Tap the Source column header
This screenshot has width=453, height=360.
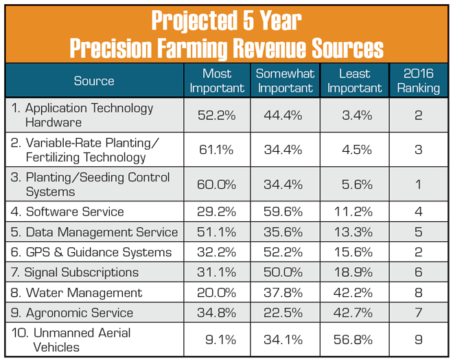(x=94, y=80)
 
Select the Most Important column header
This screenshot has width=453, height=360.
(x=217, y=80)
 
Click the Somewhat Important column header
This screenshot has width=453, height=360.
(x=285, y=80)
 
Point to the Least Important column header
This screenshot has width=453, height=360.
(x=354, y=80)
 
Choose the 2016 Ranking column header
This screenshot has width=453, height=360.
(x=418, y=80)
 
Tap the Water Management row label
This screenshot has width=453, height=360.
(x=77, y=293)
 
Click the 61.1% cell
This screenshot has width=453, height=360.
(x=217, y=150)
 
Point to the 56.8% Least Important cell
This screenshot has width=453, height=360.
(x=355, y=339)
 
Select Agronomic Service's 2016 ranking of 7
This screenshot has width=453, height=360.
(x=418, y=313)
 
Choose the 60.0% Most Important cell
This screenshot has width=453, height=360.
(x=217, y=184)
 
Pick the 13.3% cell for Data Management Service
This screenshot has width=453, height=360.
(x=355, y=232)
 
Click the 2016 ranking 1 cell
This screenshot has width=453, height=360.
(x=418, y=184)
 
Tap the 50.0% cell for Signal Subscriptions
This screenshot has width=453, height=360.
(x=284, y=273)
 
